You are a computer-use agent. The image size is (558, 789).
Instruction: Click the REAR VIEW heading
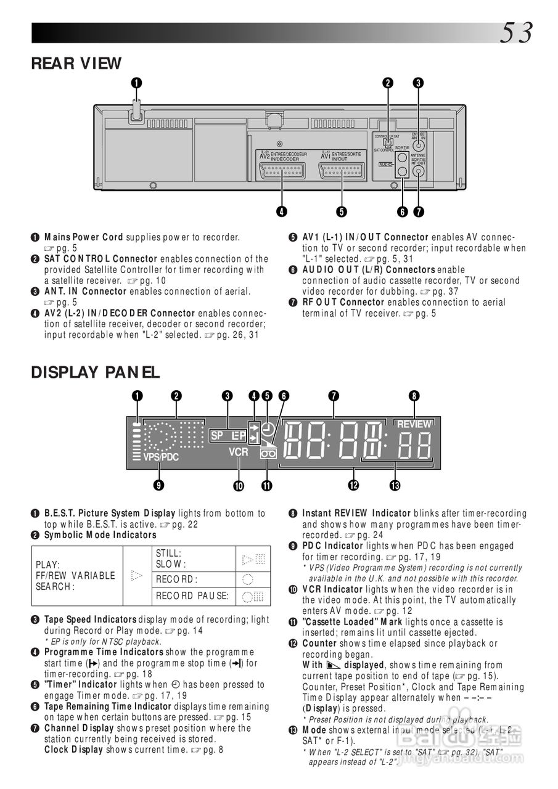pos(76,63)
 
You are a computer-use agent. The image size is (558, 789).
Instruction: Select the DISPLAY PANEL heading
pos(95,372)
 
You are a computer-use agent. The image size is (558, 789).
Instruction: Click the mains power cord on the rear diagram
pos(136,111)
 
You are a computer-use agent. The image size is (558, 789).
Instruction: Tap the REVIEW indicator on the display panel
pos(414,424)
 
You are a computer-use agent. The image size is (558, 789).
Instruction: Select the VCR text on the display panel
pos(238,452)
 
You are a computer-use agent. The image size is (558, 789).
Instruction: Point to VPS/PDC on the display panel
pos(161,457)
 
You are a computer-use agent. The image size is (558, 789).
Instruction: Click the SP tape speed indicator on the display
pos(217,435)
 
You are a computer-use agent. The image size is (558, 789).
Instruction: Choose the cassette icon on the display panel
pos(268,452)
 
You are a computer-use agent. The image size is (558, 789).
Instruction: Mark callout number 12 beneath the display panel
pos(353,486)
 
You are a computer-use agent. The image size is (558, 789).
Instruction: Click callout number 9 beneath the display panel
pos(158,486)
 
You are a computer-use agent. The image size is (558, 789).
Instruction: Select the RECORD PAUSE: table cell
pos(192,596)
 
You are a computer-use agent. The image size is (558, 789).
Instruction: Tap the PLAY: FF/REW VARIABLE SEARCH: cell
pos(76,575)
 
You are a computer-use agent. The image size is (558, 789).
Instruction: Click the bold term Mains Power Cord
pos(84,237)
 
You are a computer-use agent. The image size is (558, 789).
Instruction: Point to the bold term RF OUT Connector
pos(343,302)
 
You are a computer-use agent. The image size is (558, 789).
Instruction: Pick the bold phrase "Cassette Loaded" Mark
pos(352,621)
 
